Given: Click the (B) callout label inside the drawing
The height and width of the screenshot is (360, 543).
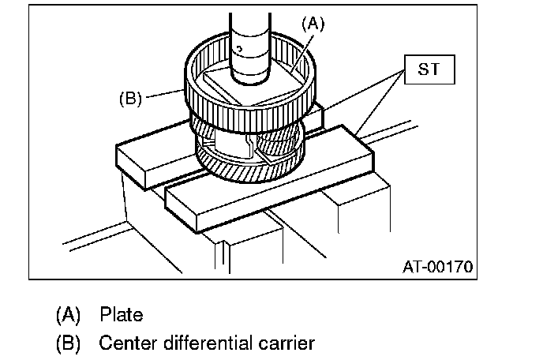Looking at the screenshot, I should coord(130,99).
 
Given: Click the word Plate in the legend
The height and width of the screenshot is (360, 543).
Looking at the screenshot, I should coord(122,315).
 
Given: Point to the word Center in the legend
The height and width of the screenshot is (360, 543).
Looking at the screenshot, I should coord(125,343).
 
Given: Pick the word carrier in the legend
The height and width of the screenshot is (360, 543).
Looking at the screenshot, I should coord(285,343).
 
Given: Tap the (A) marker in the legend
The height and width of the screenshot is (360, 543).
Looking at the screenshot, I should coord(69,315).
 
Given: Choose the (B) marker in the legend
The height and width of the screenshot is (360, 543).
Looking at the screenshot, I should coord(69,343).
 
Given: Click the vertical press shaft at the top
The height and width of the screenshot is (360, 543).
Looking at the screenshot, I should coord(251,36).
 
